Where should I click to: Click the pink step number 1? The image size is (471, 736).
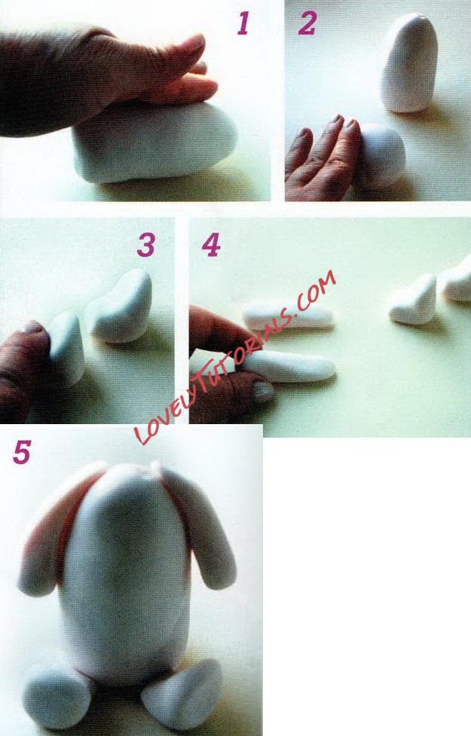(243, 23)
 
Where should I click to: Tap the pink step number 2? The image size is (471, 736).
(307, 23)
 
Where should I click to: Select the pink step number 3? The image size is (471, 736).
(146, 245)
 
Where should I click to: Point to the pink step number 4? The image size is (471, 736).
(211, 245)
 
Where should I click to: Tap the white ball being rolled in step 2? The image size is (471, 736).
(383, 155)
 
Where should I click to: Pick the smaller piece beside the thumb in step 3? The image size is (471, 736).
(66, 347)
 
